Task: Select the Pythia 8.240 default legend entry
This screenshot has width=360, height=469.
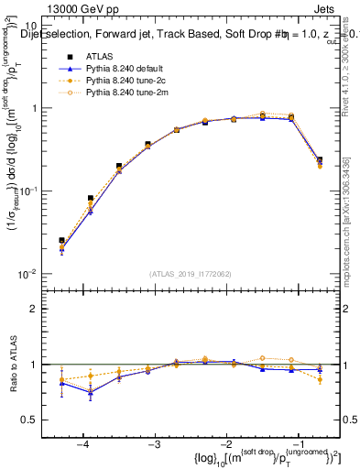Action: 115,68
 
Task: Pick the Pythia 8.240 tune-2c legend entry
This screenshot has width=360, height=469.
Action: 115,80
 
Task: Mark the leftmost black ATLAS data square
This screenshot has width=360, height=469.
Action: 61,241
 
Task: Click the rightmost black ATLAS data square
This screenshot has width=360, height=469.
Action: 320,160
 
